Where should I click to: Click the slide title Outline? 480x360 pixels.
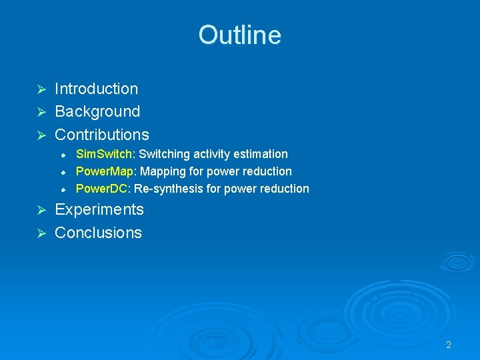239,35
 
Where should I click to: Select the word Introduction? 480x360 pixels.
96,89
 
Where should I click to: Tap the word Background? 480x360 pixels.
97,111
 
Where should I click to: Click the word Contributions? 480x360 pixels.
102,134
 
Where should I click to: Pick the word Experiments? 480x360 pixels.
99,209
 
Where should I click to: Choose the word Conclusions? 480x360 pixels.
98,233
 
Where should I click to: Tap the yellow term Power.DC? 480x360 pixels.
103,189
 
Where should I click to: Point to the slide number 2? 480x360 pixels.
449,345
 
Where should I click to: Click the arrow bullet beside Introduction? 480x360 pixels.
41,89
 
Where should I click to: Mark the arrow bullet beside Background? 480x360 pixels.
41,112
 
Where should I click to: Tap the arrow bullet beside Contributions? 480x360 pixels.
41,135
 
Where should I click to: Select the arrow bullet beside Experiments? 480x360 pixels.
41,210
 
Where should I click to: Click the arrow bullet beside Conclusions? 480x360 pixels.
41,233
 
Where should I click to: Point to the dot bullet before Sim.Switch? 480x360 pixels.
62,155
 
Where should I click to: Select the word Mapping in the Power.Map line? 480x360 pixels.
160,171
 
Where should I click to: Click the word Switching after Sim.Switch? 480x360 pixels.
162,154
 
